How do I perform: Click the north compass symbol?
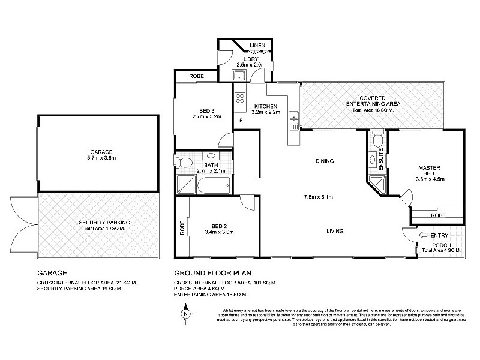click(186, 312)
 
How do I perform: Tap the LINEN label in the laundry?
click(258, 46)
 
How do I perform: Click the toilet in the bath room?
click(185, 163)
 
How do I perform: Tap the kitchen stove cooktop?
click(241, 100)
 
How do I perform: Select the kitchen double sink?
click(293, 120)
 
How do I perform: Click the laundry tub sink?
click(239, 75)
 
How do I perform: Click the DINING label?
click(324, 161)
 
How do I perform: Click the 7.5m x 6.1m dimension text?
click(318, 196)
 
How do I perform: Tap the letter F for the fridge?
click(241, 121)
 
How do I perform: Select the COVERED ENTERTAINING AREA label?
click(373, 101)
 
